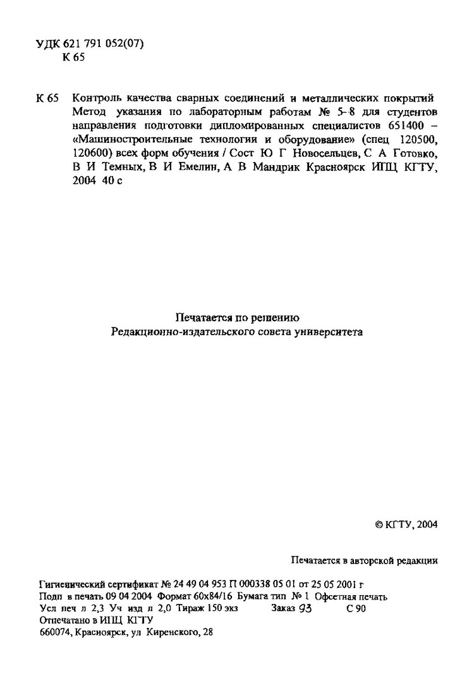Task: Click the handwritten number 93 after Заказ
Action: tap(306, 608)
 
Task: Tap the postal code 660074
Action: tap(54, 632)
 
